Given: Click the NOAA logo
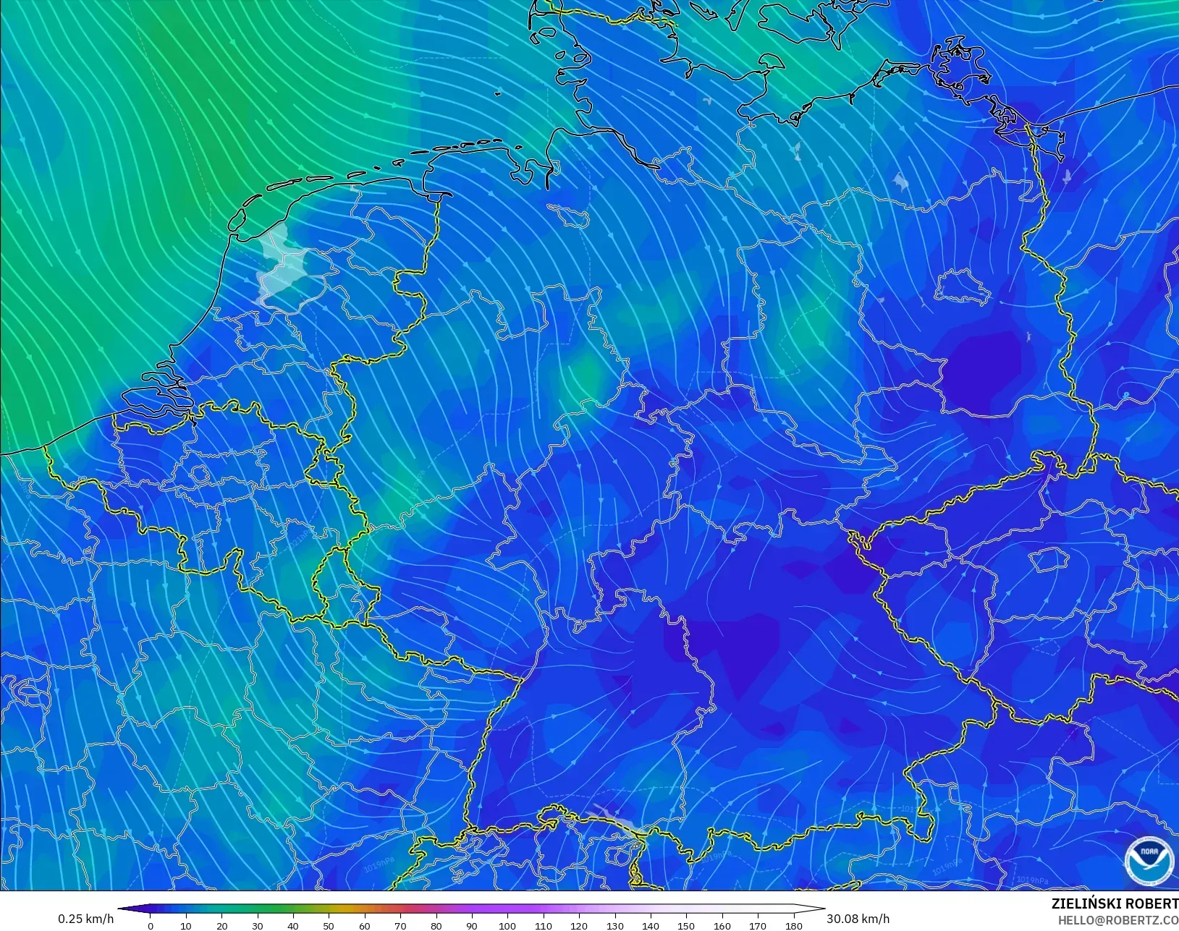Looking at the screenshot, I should tap(1149, 860).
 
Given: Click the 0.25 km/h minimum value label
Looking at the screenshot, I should tap(85, 919).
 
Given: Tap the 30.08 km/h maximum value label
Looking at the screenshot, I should tap(858, 919).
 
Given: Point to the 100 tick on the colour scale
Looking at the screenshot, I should tap(507, 926).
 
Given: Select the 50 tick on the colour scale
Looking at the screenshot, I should tap(329, 926).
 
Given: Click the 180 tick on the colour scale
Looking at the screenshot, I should tap(793, 926).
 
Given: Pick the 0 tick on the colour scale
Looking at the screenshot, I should tap(151, 926).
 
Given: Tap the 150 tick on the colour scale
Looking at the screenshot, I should tap(686, 926).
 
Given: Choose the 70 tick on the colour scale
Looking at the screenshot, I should tap(400, 926).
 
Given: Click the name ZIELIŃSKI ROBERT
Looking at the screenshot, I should tap(1114, 904).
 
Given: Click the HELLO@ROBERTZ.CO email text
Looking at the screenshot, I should tap(1117, 920).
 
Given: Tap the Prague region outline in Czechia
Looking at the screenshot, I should tap(1047, 559).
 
